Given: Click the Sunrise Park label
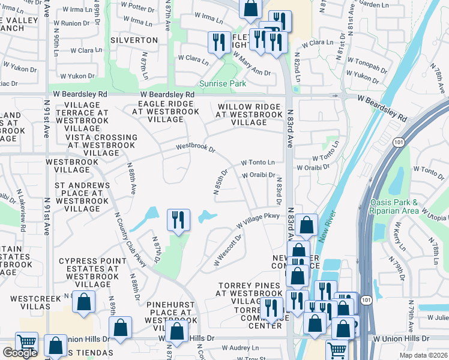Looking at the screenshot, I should [223, 84].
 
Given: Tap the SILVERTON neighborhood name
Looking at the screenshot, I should [134, 40].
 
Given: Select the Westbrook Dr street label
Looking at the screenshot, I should [195, 146].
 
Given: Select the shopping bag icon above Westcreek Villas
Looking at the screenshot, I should [84, 302].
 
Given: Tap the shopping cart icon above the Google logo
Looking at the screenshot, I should [26, 343].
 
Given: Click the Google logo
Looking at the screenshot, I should [20, 353].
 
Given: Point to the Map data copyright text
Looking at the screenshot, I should [424, 355].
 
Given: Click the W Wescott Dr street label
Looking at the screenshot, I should [228, 251].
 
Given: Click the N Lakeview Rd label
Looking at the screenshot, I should [22, 209].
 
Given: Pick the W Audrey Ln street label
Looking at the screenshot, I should [240, 347].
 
